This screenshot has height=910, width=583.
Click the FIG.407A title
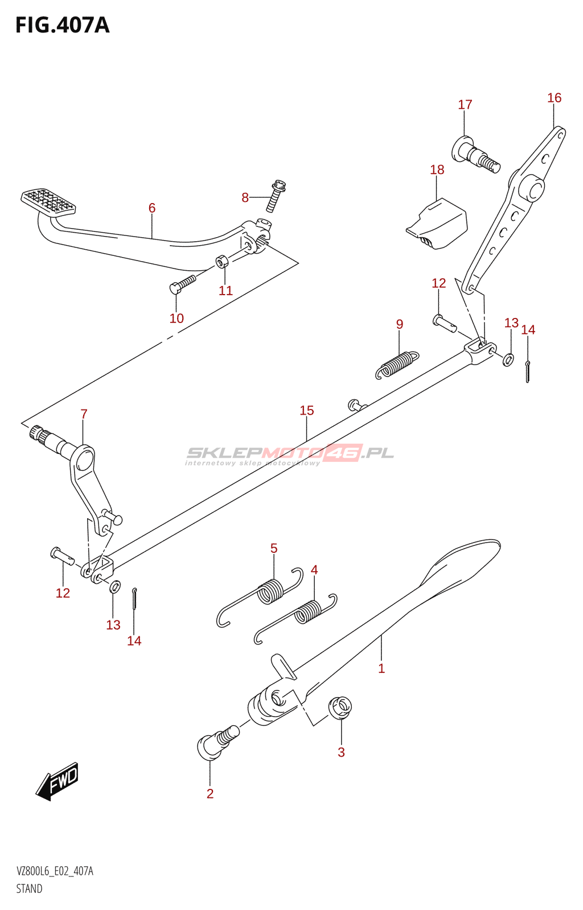62,26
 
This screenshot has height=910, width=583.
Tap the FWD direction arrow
58,780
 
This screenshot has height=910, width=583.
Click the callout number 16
554,98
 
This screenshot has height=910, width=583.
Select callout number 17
465,105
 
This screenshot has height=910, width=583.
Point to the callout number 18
437,169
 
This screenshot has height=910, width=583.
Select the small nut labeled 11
221,262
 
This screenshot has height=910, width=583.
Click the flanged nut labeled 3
340,708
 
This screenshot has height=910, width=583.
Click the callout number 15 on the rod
306,411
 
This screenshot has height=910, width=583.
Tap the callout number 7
84,414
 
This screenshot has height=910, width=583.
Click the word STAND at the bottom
29,888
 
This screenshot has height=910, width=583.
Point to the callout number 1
381,668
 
